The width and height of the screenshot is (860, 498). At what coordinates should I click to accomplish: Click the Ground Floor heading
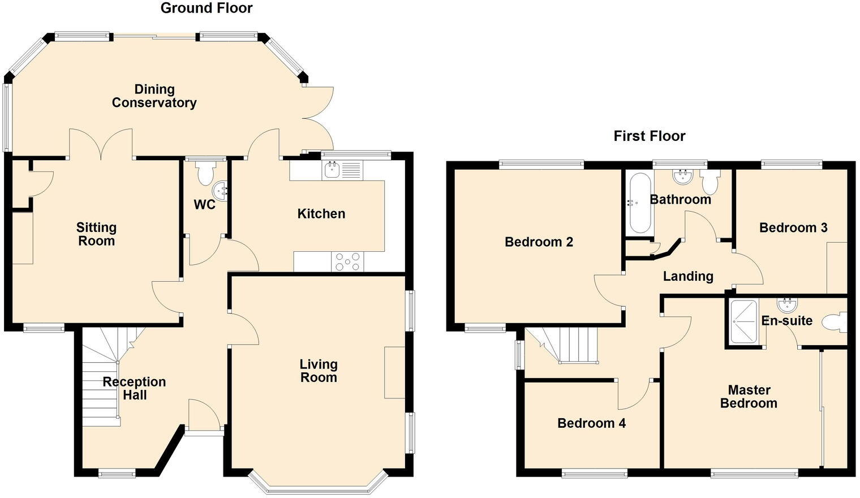[207, 8]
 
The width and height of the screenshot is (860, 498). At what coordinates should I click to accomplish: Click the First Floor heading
[650, 136]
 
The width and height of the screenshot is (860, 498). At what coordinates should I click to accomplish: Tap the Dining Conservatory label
[154, 96]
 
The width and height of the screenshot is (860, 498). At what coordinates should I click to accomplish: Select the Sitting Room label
[96, 234]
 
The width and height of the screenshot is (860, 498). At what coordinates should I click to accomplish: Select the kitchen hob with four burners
[347, 261]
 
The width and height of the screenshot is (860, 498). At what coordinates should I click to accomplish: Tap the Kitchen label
[321, 213]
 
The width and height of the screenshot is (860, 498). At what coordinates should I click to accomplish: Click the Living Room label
[319, 371]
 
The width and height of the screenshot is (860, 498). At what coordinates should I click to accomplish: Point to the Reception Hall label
[135, 388]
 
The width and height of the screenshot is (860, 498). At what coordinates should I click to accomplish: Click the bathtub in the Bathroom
[640, 203]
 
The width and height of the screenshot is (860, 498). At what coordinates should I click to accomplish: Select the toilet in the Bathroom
[709, 181]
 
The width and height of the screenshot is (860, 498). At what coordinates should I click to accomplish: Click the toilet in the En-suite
[835, 322]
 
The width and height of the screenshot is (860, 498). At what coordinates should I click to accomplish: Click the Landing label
[688, 276]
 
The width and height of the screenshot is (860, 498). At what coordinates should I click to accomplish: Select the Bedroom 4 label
[591, 423]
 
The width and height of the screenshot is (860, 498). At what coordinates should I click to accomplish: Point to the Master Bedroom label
[749, 396]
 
